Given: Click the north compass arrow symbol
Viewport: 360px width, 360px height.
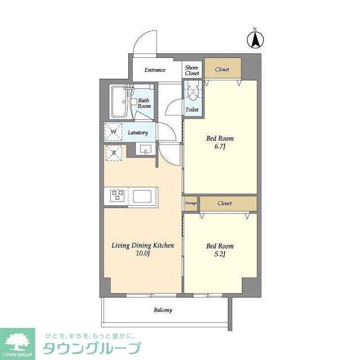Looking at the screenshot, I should [255, 39].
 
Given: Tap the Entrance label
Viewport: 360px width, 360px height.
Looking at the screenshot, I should [155, 70].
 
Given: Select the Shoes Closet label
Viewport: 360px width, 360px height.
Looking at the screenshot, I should [192, 70].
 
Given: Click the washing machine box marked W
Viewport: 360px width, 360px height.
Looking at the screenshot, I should [114, 132].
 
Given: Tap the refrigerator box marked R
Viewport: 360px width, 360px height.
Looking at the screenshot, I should [114, 152].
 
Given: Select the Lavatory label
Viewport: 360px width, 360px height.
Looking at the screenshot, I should [138, 133].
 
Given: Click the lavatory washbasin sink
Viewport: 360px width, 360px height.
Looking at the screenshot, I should [146, 150].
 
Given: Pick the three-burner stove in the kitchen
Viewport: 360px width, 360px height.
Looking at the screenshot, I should [118, 195].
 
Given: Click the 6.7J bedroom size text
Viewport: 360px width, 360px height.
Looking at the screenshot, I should [220, 147].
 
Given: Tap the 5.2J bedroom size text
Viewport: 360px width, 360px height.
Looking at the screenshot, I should [220, 255].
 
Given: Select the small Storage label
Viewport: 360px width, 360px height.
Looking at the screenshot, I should [190, 203].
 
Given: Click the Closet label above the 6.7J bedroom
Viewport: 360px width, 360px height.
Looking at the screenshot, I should [222, 69].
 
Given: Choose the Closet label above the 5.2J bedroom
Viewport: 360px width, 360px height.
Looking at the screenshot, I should [225, 203].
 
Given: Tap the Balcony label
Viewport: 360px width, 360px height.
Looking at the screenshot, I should [163, 310].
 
